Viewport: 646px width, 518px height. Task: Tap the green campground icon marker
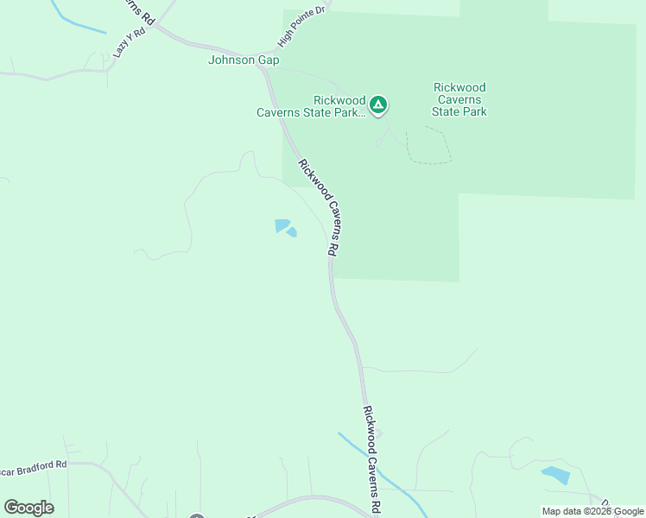coord(377,105)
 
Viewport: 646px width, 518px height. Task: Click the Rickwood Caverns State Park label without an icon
coord(459,99)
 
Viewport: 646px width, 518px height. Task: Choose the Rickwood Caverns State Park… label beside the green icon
coord(309,105)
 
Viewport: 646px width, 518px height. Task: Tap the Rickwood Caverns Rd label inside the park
coord(317,205)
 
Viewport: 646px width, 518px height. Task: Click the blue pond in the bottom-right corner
coord(555,474)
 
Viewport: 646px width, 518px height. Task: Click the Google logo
coord(28,508)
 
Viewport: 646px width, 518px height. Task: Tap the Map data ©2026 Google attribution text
coord(592,511)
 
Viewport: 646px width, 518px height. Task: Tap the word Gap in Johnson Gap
coord(269,60)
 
